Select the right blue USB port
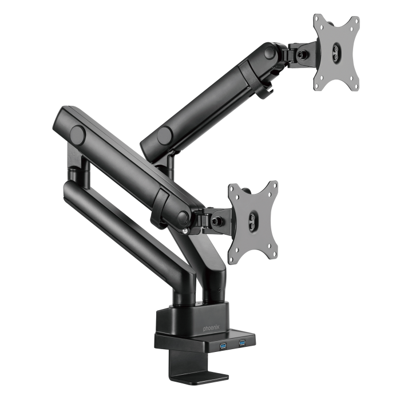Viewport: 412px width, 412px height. [x=241, y=343]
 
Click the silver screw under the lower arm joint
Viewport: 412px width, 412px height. [x=185, y=231]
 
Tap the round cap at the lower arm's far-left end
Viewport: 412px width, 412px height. [x=77, y=136]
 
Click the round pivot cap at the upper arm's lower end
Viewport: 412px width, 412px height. [x=165, y=135]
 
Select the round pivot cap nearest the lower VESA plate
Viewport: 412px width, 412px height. [x=183, y=217]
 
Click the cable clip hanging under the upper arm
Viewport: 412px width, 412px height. [x=265, y=90]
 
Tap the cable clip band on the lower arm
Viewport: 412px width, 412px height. [x=161, y=204]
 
